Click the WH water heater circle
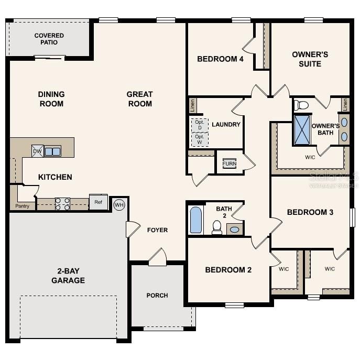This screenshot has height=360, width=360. click(119, 204)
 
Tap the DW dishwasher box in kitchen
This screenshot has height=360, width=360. click(37, 151)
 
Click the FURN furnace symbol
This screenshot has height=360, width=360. click(229, 163)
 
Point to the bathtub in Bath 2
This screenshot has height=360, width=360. click(195, 220)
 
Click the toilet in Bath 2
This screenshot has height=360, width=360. click(216, 226)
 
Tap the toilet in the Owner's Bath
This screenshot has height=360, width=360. click(301, 105)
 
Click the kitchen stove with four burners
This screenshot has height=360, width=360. click(63, 204)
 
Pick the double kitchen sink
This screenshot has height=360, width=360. click(52, 151)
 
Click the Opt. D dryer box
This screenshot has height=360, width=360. click(199, 125)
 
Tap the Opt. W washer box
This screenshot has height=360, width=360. click(199, 139)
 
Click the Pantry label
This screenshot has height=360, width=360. click(21, 206)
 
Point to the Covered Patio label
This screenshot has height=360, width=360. click(49, 39)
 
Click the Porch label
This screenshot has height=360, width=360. click(157, 296)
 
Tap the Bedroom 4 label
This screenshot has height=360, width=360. click(220, 59)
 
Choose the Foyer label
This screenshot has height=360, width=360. click(157, 230)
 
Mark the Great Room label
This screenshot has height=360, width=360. click(139, 99)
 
